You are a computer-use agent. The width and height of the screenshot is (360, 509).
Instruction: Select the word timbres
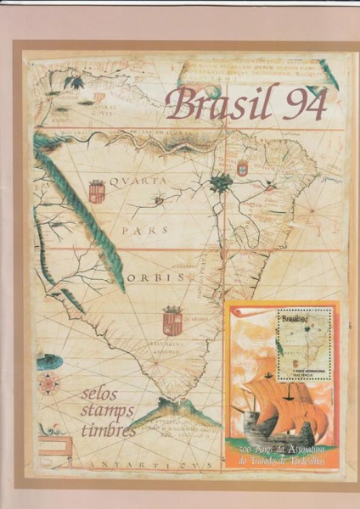pos(108,430)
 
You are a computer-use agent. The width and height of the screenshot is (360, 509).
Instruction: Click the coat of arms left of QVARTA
pos(96,189)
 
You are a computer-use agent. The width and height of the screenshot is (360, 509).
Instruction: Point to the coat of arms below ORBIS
pos(172,320)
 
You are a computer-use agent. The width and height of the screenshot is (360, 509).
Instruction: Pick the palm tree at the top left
pos(74,81)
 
